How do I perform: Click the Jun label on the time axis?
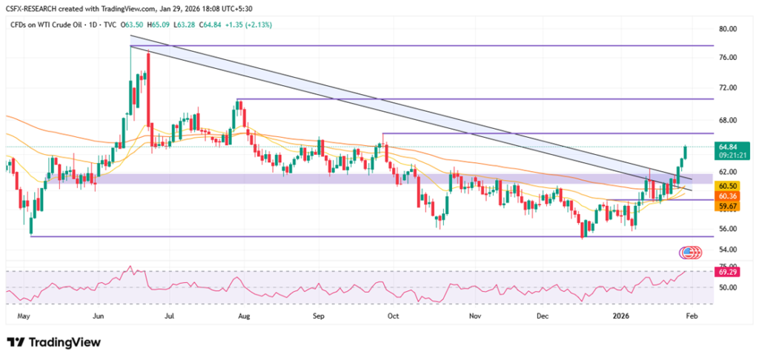tap(98, 315)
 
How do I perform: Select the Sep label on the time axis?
tap(319, 315)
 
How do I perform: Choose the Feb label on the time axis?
tap(690, 315)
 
